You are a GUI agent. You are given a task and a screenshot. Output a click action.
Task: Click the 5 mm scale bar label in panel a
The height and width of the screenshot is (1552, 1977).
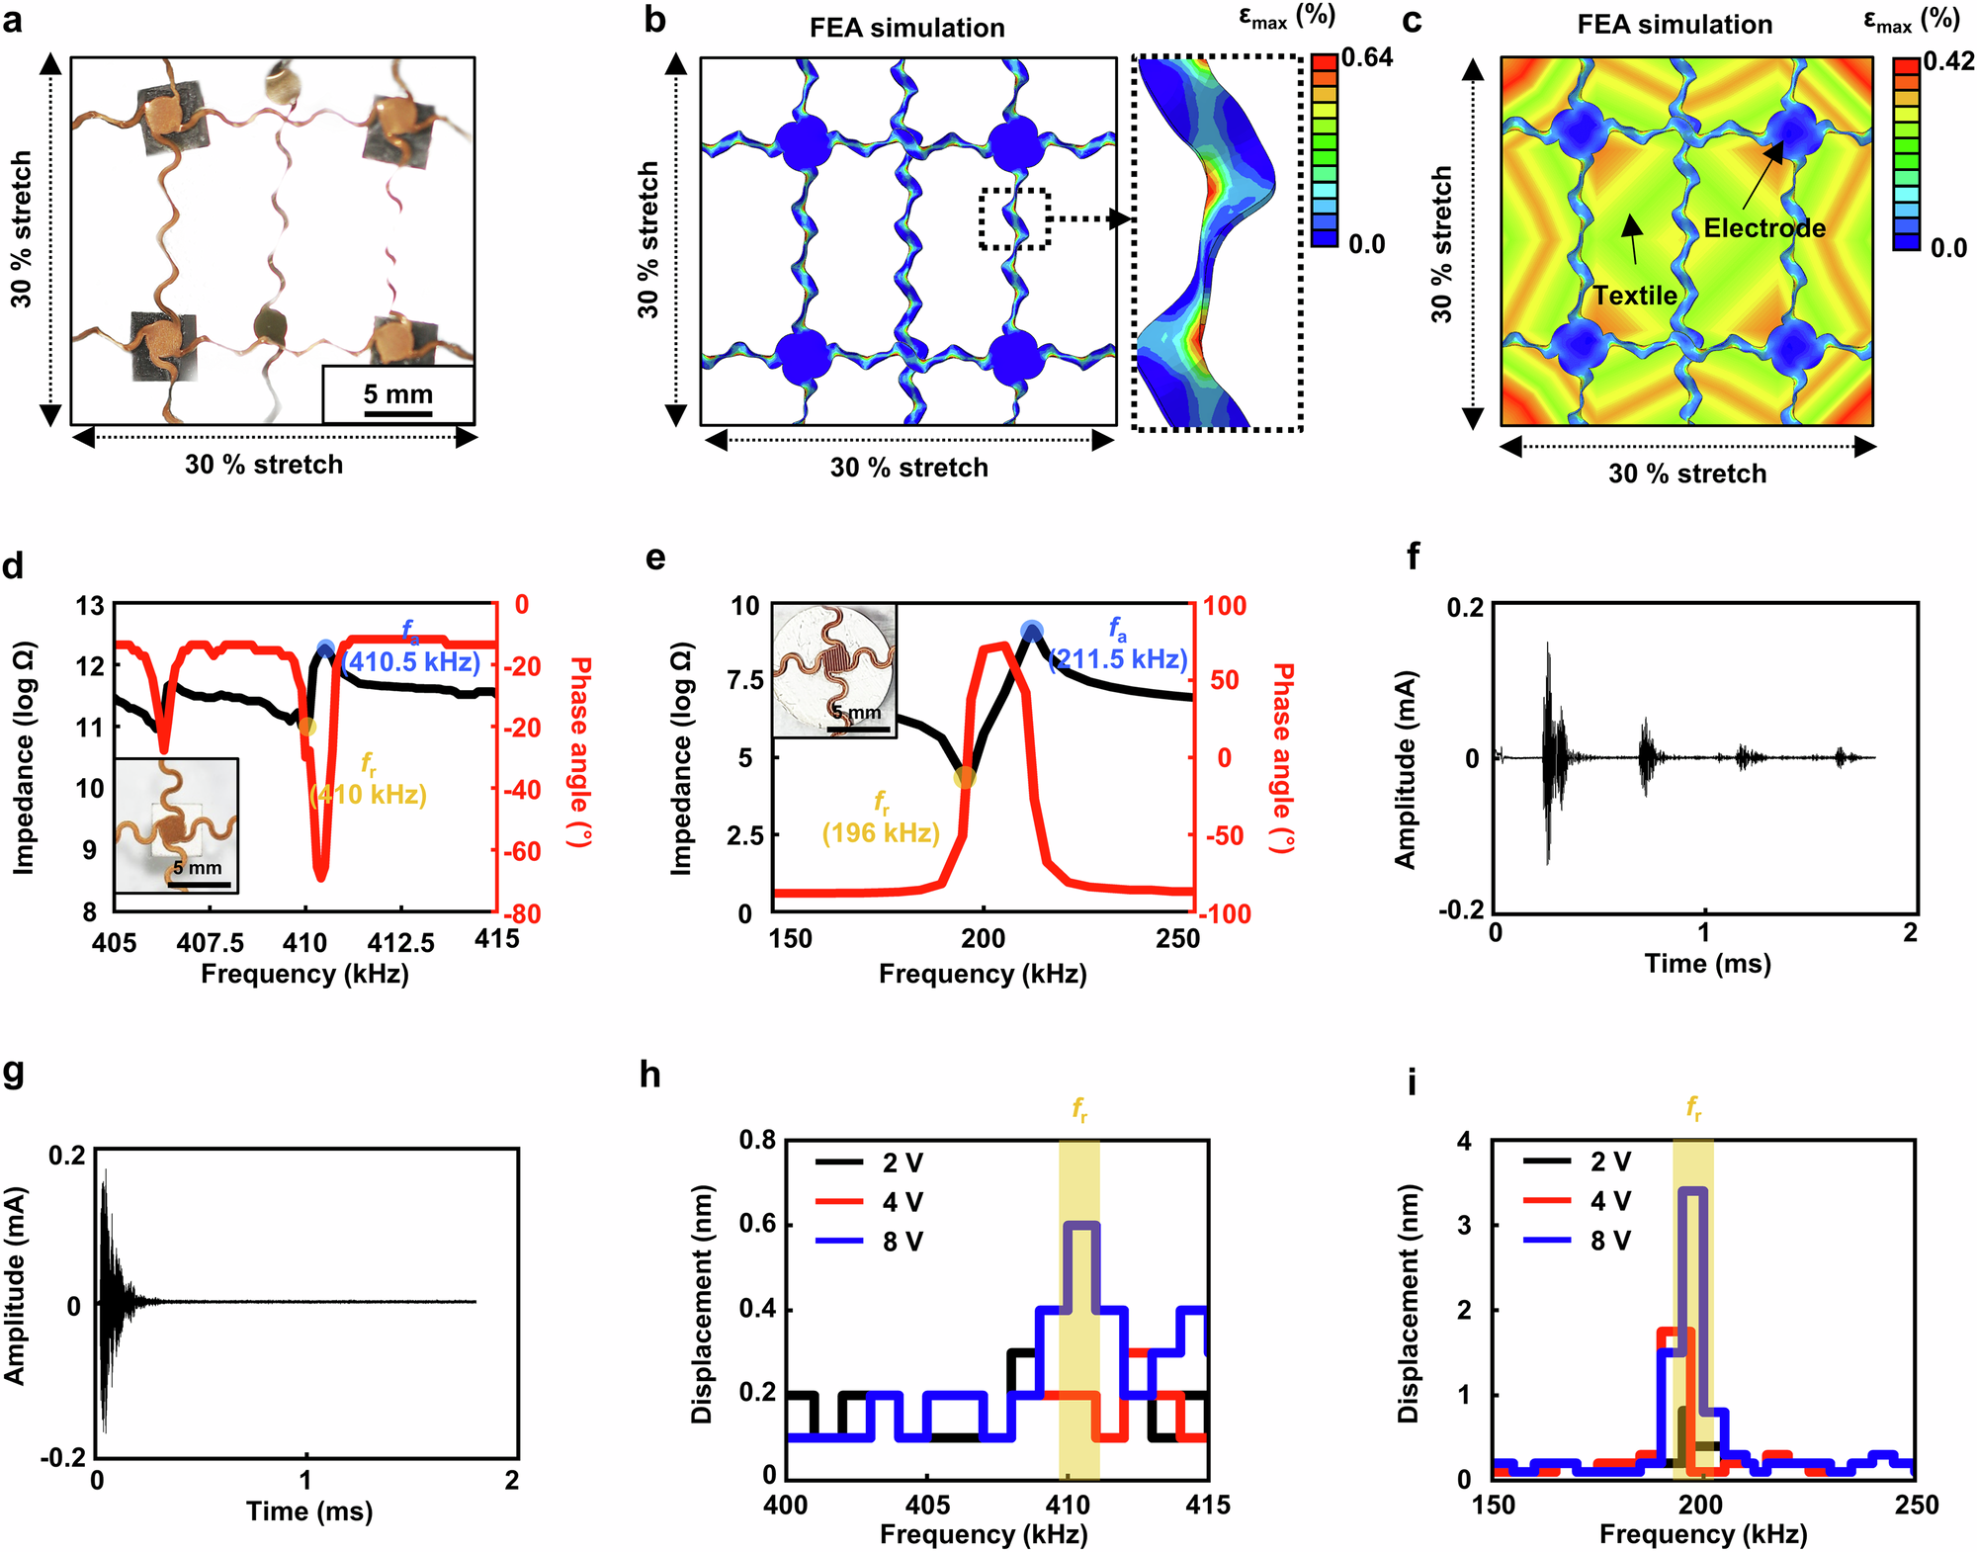[397, 393]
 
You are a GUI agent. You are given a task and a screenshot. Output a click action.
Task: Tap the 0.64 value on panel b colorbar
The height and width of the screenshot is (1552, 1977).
[1366, 57]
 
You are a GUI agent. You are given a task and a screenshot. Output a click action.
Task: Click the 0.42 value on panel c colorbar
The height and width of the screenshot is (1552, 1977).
[1948, 61]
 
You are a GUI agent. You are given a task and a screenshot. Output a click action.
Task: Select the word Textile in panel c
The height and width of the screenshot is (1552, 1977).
[1634, 296]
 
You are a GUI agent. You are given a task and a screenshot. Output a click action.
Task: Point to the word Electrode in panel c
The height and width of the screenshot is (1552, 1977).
[1764, 228]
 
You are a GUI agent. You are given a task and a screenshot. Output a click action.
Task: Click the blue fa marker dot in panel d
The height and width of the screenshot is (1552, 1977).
[326, 649]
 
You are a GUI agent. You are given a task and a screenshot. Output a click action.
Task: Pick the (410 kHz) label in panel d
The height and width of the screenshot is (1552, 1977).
[369, 795]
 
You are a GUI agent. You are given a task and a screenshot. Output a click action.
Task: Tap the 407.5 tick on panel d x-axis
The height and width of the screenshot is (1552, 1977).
[211, 943]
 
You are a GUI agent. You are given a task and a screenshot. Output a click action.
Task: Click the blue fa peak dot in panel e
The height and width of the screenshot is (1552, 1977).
[1031, 631]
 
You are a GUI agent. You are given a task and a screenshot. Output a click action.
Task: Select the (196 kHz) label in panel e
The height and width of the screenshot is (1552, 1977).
[881, 833]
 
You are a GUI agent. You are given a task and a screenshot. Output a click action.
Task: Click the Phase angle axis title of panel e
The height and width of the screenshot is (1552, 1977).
[1282, 758]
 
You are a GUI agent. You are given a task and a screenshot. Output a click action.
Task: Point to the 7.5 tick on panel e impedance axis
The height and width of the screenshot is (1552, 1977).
[746, 680]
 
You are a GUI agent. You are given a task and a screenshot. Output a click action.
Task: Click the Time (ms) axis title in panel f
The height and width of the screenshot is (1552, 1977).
[1707, 964]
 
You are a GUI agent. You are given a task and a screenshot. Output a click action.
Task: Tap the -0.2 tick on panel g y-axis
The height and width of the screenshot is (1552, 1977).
[63, 1458]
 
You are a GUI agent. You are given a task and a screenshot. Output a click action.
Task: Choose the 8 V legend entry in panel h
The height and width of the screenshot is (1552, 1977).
[903, 1243]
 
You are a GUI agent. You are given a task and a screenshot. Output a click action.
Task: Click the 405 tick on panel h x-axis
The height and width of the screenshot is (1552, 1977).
[926, 1506]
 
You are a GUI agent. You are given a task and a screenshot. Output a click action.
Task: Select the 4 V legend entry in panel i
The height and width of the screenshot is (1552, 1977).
[1610, 1201]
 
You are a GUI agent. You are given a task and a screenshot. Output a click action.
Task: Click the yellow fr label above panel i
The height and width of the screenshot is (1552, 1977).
[1693, 1108]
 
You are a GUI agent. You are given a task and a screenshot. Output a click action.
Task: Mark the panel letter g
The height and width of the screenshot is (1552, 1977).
[14, 1074]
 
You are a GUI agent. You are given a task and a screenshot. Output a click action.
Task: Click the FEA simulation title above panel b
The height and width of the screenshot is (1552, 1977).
[906, 29]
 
